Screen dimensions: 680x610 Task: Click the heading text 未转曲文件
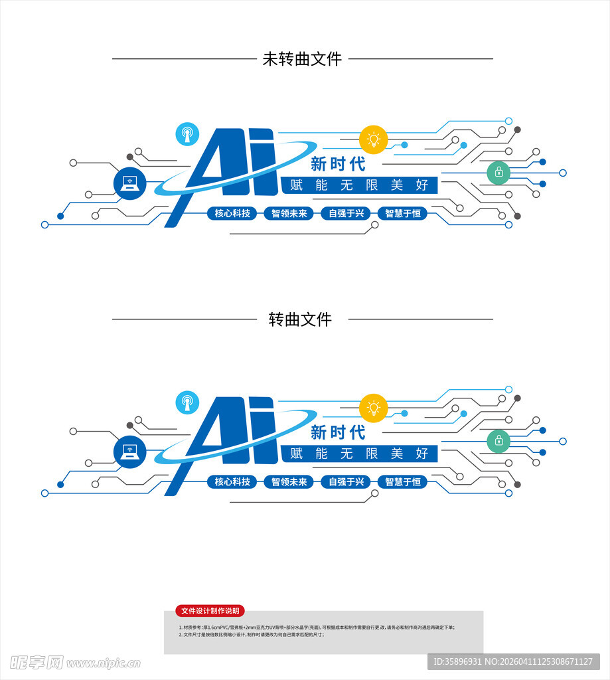coord(302,59)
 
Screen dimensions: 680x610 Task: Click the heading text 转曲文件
coord(300,319)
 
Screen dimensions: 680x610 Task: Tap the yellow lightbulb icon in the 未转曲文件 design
coord(373,139)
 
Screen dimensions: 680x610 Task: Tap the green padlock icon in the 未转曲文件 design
coord(498,173)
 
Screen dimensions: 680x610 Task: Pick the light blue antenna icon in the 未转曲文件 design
coord(187,134)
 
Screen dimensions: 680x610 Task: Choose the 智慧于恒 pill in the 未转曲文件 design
coord(403,213)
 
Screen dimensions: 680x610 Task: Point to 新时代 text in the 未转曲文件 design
coord(339,163)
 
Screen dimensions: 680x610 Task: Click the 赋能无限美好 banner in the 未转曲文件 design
coord(359,185)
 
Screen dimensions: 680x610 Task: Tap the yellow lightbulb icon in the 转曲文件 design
coord(373,408)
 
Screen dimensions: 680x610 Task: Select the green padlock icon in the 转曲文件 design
coord(498,440)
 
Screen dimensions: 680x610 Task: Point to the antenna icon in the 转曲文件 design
coord(187,402)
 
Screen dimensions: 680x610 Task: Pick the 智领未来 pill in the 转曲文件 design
coord(289,481)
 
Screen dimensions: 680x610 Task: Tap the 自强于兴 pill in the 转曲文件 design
coord(346,481)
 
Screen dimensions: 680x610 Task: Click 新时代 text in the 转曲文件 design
coord(339,432)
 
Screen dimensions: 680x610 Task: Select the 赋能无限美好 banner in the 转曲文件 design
coord(359,454)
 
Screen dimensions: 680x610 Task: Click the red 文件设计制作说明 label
coord(210,611)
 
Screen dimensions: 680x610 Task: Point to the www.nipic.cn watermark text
coord(104,663)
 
